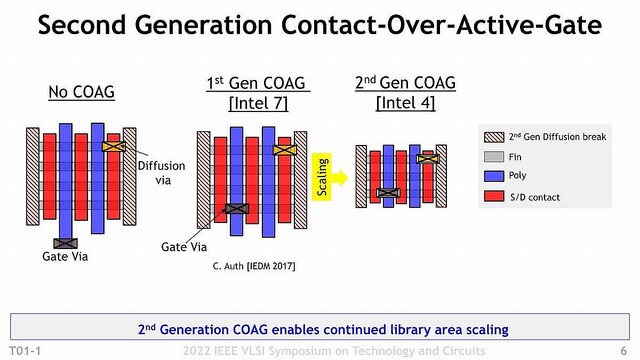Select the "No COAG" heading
82,93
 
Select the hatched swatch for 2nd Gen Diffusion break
493,135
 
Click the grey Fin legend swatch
493,156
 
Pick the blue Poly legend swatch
493,176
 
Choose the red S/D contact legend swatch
493,197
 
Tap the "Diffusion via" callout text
158,173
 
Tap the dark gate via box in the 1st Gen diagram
238,208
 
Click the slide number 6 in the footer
623,351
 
